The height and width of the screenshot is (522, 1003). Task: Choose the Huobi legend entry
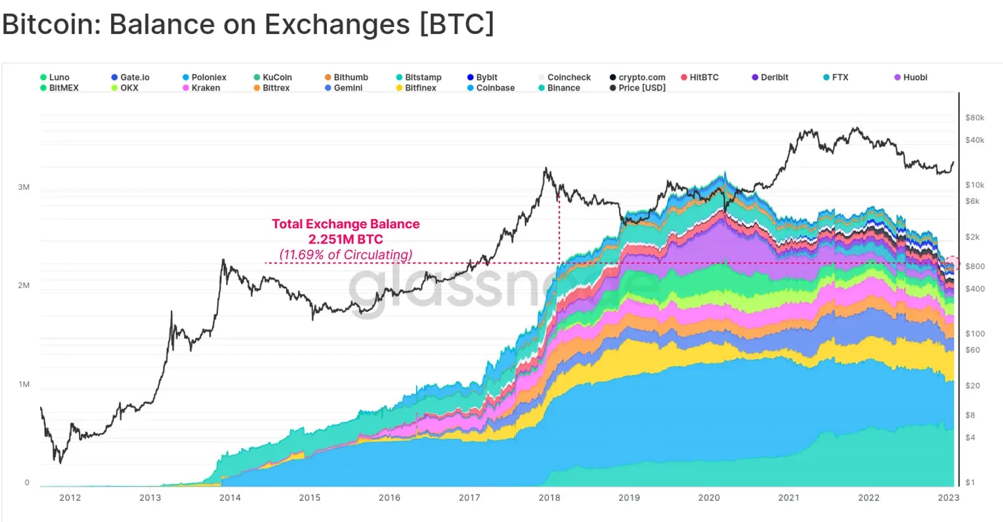click(914, 77)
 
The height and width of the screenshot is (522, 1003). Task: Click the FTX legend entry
click(840, 77)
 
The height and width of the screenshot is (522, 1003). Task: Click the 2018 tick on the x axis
click(549, 498)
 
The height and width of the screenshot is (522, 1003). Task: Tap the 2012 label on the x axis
click(70, 498)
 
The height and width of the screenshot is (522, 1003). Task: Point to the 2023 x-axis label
click(949, 498)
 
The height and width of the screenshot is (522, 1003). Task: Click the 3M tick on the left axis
click(24, 188)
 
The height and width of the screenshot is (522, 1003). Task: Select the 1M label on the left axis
click(24, 384)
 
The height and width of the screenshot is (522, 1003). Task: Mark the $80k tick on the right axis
click(975, 118)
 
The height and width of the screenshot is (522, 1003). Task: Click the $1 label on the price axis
click(970, 483)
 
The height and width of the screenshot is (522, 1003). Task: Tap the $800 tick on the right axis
click(975, 266)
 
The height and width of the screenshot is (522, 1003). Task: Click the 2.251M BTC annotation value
click(345, 239)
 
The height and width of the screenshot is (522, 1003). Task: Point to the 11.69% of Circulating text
click(346, 254)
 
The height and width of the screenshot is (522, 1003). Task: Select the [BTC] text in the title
click(456, 25)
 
